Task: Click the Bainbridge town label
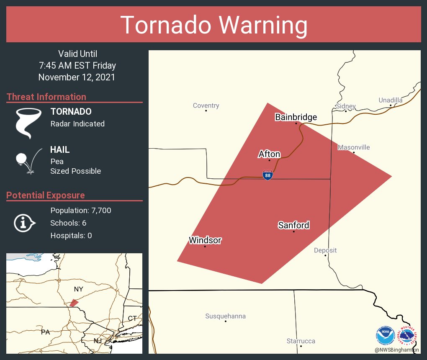(x=296, y=117)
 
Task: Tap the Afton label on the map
(x=269, y=154)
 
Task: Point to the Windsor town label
(x=205, y=240)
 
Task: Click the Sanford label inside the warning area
(x=293, y=225)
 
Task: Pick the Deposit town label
(x=325, y=250)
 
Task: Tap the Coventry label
(x=206, y=105)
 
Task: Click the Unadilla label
(x=390, y=100)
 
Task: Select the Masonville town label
(x=354, y=147)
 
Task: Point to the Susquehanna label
(x=225, y=316)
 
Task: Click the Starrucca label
(x=301, y=341)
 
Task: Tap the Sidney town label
(x=345, y=106)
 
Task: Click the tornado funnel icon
(x=28, y=123)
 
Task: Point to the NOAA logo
(x=385, y=336)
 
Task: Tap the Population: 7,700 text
(x=81, y=211)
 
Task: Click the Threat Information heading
(x=46, y=97)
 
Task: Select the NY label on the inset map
(x=78, y=289)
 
